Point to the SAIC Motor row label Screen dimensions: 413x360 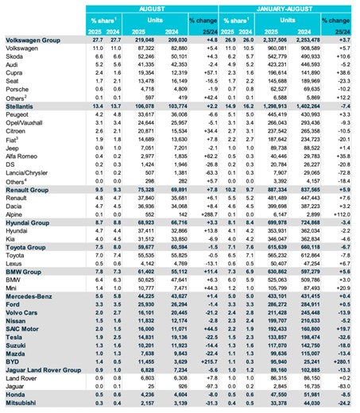click(23, 328)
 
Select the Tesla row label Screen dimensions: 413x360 click(14, 336)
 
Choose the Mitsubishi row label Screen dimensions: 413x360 click(21, 403)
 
